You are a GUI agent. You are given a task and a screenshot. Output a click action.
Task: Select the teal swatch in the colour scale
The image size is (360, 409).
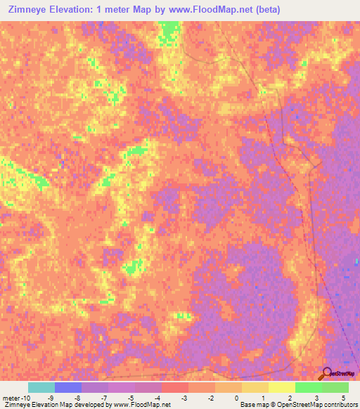coord(41,387)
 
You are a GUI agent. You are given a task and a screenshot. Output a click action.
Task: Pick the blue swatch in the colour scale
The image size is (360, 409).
coord(68,387)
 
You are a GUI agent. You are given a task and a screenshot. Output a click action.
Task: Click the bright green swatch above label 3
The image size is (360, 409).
coord(308,387)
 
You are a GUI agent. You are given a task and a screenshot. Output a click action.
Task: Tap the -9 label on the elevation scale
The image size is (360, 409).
coord(51,398)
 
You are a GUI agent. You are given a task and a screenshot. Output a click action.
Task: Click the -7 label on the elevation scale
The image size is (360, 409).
coord(104,398)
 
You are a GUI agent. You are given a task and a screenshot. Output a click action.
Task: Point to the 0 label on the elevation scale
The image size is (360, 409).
coord(237,398)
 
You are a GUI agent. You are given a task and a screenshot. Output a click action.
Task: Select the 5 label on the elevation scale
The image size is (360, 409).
coord(344,398)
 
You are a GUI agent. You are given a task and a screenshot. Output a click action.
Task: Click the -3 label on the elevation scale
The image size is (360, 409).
coord(184,398)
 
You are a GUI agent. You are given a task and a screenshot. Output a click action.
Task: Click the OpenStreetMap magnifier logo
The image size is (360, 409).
coord(325,373)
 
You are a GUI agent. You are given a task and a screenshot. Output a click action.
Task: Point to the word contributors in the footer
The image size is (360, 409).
coord(336,405)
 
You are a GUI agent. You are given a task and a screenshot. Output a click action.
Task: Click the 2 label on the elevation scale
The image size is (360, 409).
coord(290,398)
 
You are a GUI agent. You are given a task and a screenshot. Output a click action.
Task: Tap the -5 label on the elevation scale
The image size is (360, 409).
coord(131,398)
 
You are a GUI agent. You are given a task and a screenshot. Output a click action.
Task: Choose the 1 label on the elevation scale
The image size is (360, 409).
coord(264,398)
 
